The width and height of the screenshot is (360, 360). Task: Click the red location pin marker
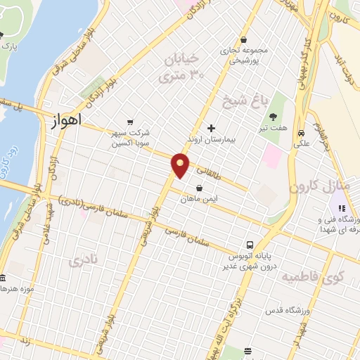(181, 165)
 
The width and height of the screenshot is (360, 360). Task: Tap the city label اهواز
(67, 120)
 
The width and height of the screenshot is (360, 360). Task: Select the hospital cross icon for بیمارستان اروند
(211, 128)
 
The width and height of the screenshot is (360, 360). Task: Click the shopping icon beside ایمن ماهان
(201, 188)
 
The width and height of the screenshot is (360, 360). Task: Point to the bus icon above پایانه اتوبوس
(231, 245)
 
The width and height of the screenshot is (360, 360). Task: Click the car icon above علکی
(301, 134)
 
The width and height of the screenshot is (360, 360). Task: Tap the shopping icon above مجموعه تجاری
(243, 39)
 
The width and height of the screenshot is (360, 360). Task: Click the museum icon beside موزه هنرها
(3, 278)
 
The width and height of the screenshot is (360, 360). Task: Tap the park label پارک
(8, 46)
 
